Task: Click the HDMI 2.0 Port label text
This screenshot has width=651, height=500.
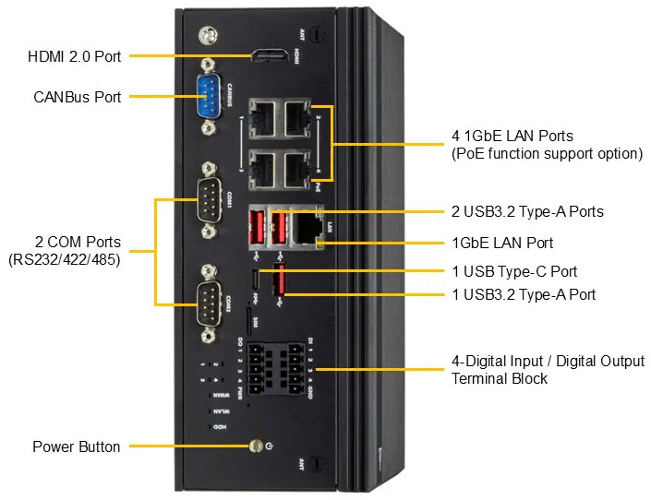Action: (x=74, y=56)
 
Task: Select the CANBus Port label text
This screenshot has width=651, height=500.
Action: (x=77, y=97)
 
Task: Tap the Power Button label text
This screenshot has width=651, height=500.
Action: (x=76, y=446)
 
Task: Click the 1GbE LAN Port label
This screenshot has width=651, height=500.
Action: (x=502, y=243)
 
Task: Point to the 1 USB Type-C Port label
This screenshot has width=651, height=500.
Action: (x=514, y=272)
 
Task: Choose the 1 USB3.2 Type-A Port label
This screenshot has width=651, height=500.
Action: (x=524, y=294)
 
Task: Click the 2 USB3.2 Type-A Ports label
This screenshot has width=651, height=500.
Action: (x=527, y=211)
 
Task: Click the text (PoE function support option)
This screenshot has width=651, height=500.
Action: (x=547, y=153)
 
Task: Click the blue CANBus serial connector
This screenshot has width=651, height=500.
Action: (x=207, y=97)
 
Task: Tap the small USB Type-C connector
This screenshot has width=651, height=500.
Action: (x=254, y=280)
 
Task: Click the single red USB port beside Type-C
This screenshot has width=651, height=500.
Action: (x=280, y=280)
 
